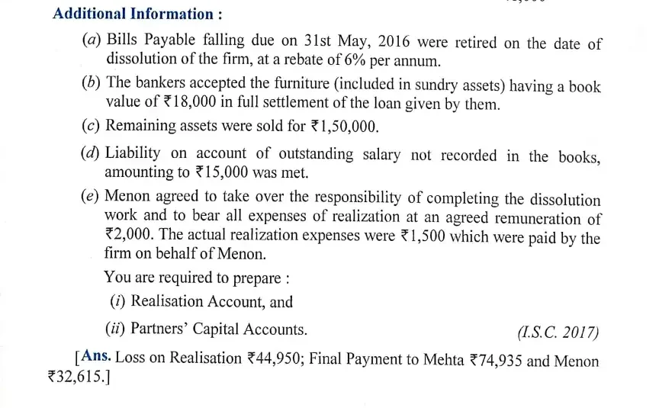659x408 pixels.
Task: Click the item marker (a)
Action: click(92, 43)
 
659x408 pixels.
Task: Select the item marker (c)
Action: click(92, 126)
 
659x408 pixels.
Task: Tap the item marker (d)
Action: click(92, 154)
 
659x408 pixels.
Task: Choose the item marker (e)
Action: click(92, 198)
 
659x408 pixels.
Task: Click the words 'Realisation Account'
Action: click(191, 302)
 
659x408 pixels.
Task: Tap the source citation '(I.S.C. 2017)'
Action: click(558, 333)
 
